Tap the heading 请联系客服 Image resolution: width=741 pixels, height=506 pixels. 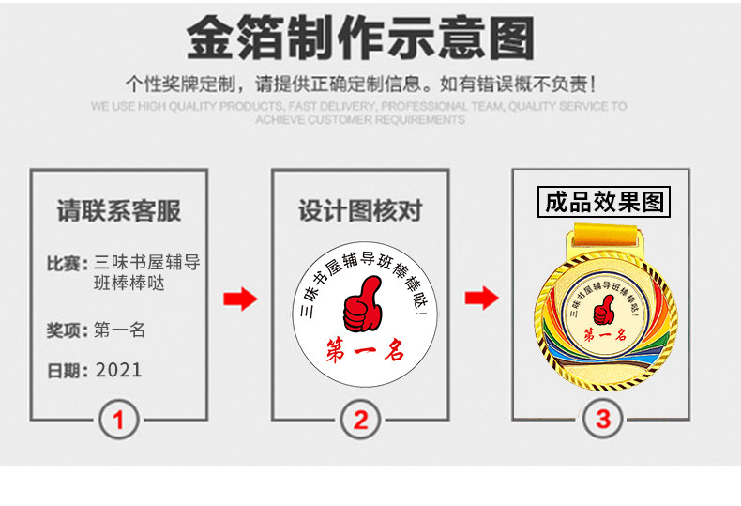click(x=118, y=211)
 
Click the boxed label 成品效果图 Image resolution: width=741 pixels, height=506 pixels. click(x=604, y=202)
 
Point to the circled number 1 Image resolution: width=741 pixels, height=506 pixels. click(x=118, y=420)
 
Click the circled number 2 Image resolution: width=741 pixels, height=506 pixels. click(x=360, y=420)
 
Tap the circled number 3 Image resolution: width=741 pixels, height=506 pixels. click(x=602, y=420)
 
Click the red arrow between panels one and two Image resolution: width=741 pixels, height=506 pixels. click(x=239, y=300)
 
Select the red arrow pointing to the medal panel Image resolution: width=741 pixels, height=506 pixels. click(x=482, y=299)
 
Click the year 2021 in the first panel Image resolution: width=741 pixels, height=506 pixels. click(x=118, y=370)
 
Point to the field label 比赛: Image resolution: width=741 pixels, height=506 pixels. click(x=68, y=264)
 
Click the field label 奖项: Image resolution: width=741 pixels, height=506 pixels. click(x=68, y=330)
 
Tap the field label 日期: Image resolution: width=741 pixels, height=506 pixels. click(x=68, y=371)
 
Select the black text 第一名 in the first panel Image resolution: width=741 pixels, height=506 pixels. click(x=119, y=330)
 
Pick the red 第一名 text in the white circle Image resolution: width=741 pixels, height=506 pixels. click(x=364, y=353)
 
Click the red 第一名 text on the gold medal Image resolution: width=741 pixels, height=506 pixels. click(x=603, y=335)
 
